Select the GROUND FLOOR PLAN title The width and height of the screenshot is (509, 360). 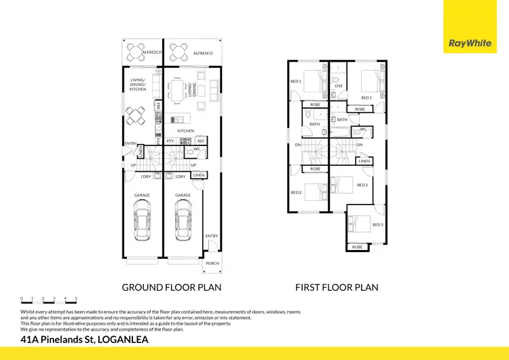click(x=171, y=287)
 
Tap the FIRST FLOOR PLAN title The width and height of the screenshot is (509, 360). click(x=337, y=287)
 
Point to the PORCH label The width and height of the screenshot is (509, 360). click(x=212, y=264)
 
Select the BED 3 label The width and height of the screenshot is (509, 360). click(x=378, y=223)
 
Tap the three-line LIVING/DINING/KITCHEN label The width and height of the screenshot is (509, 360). click(x=138, y=84)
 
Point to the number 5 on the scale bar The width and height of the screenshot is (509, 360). click(x=76, y=298)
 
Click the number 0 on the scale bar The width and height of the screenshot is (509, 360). click(x=22, y=298)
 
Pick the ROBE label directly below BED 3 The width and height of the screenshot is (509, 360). click(x=357, y=247)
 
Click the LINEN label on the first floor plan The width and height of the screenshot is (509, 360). click(x=364, y=161)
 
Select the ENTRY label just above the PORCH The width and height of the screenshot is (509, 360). click(x=212, y=236)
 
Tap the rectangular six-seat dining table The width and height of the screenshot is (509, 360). click(x=179, y=88)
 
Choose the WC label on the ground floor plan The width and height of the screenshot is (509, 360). click(x=196, y=149)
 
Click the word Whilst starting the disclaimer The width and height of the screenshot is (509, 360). click(x=30, y=312)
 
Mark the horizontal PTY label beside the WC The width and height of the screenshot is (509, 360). click(x=170, y=141)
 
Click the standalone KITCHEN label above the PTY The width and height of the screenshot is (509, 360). click(x=185, y=130)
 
